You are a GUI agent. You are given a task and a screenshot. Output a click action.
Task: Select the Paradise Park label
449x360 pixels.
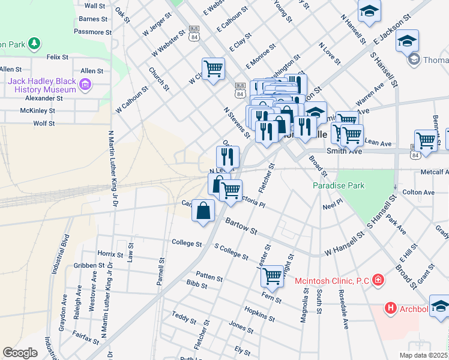339,185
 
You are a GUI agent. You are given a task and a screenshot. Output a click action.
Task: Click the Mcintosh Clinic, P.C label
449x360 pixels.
332,280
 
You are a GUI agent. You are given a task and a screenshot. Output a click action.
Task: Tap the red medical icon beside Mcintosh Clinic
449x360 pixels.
378,280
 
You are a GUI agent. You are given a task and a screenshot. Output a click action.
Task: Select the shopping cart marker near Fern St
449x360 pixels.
272,276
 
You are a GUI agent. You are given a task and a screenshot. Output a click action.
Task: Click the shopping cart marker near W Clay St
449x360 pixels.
213,68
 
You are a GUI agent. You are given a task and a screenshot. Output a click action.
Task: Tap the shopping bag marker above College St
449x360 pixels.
203,211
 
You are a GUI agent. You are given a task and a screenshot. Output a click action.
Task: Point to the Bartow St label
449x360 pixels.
241,226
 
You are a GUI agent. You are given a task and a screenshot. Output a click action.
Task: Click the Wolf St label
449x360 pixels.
44,123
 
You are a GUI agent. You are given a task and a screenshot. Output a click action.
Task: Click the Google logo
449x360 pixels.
20,353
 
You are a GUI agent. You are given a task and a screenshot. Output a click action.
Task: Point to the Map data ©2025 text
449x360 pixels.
423,355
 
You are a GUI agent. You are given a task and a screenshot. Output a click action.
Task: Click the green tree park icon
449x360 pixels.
35,43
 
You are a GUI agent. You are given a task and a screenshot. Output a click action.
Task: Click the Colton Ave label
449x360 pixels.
418,192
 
